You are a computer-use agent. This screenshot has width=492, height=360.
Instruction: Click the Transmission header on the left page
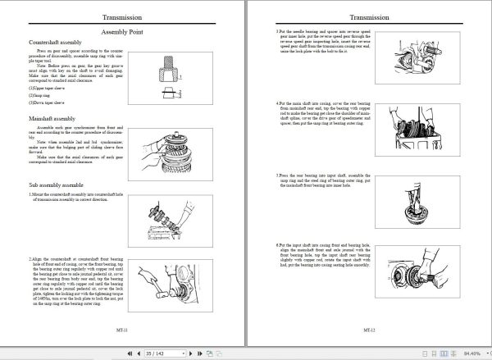coord(122,16)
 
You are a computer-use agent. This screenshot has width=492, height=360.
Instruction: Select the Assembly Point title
coord(122,30)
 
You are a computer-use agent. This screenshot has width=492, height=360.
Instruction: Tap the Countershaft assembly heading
coord(56,41)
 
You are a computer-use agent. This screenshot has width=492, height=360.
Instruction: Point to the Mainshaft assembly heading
coord(52,118)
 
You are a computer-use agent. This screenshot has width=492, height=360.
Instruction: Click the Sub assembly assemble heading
coord(56,186)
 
